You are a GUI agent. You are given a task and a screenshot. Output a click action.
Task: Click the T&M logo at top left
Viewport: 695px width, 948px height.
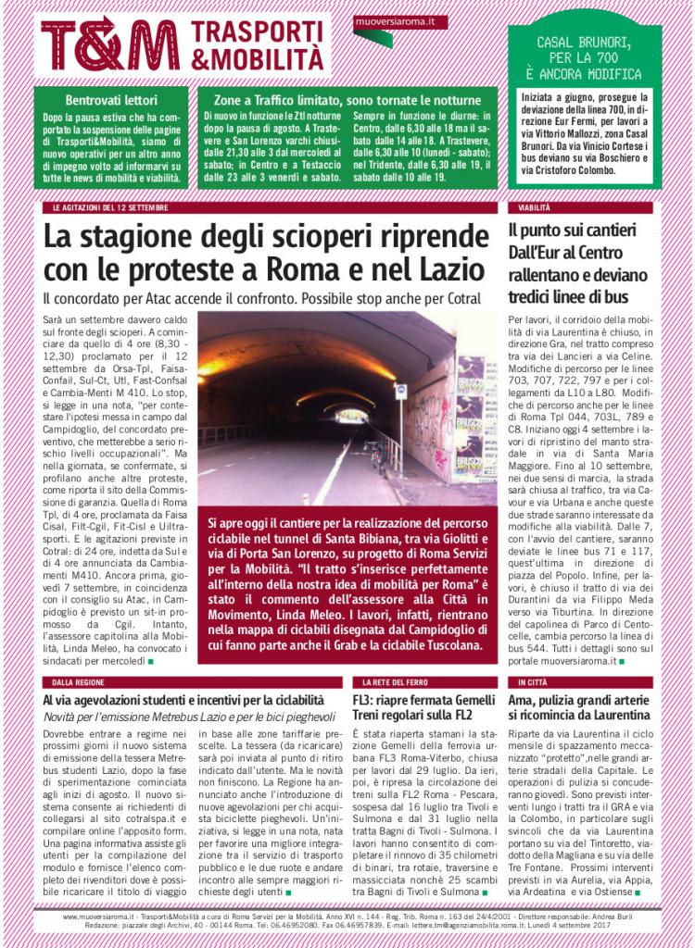click(x=109, y=44)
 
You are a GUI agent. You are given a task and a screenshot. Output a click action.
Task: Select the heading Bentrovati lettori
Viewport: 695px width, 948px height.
click(x=111, y=99)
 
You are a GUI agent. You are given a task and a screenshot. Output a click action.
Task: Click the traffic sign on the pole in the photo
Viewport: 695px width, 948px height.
click(x=400, y=392)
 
